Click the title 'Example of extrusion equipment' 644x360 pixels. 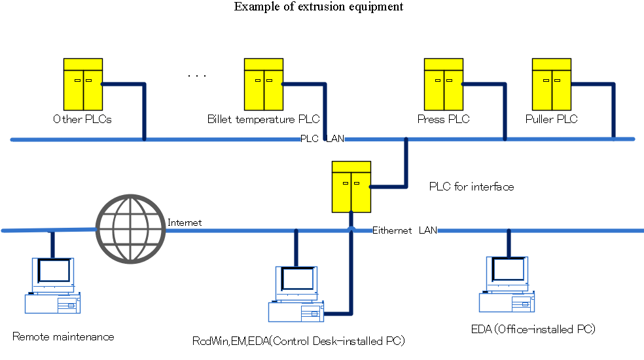319,7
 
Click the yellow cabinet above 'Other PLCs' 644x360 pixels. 82,84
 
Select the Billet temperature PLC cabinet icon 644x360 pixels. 264,84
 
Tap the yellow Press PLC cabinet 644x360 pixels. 443,84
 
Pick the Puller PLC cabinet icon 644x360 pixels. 551,84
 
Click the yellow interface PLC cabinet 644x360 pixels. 351,187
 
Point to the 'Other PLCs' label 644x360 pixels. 82,119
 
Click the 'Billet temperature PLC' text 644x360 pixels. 263,119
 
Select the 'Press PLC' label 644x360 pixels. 443,119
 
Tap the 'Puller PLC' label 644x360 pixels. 551,119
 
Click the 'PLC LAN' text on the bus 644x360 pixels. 321,139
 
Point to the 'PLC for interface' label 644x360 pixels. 471,187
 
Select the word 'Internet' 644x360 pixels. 185,223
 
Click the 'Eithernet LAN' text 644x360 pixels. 404,230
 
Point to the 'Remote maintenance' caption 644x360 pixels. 63,337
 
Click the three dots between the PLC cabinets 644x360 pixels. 196,77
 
